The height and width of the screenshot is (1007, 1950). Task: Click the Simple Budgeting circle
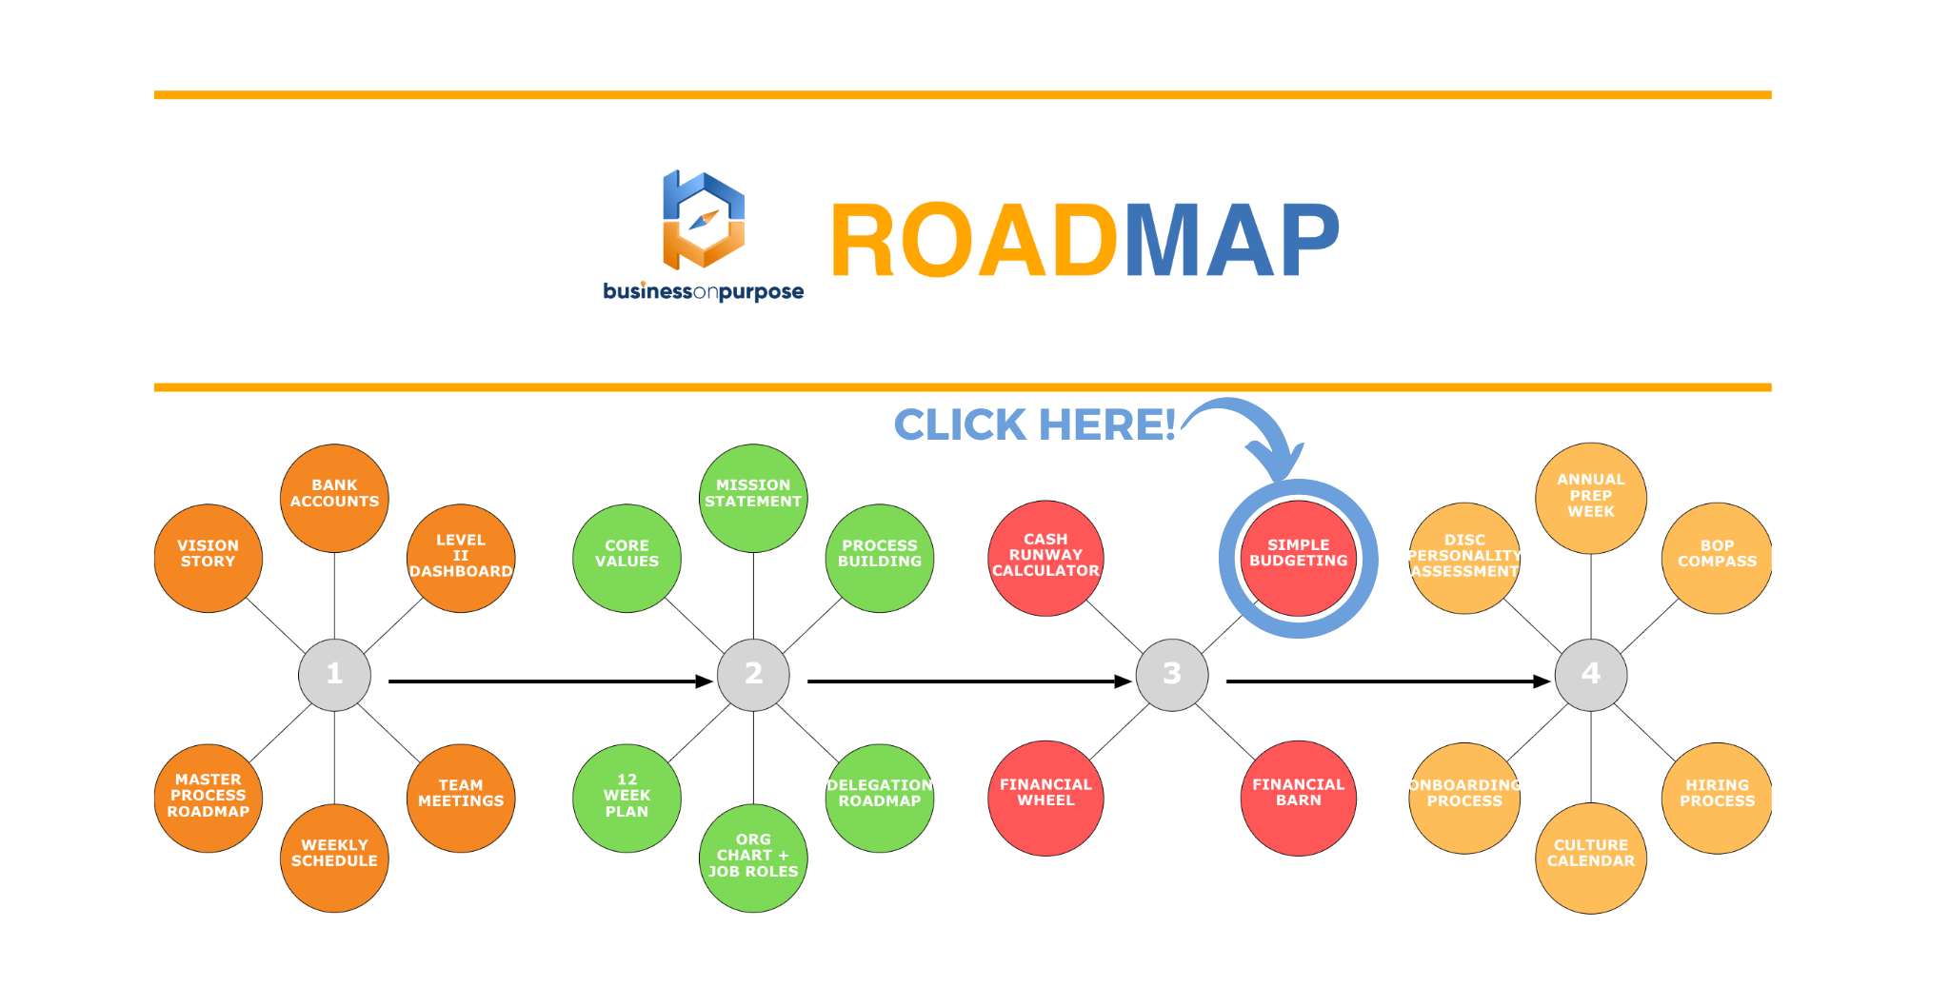coord(1298,559)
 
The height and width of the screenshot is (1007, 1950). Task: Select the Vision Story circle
coord(208,559)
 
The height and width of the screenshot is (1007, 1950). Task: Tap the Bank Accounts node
coord(334,498)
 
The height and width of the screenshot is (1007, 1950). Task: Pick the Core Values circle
coord(627,559)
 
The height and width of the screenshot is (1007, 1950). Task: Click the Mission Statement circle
coord(753,498)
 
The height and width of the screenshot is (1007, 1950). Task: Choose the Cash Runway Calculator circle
coord(1045,559)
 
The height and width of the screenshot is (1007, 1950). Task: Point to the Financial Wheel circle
coord(1045,798)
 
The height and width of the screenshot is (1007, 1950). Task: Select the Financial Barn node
coord(1298,798)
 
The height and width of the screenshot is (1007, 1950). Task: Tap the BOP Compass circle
coord(1717,559)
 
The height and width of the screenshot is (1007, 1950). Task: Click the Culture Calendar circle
coord(1590,858)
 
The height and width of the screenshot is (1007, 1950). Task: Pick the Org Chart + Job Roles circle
coord(753,858)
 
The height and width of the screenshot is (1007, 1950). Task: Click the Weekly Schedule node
coord(334,858)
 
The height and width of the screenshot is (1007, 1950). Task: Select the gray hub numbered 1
coord(334,675)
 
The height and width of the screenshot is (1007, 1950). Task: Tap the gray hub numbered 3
coord(1172,675)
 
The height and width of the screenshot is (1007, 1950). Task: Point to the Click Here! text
coord(1034,425)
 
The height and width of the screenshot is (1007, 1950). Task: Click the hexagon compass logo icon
coord(704,221)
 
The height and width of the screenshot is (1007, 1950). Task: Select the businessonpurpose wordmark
coord(703,291)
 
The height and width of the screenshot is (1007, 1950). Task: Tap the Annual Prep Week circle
coord(1590,498)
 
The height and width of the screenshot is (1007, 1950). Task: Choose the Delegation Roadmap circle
coord(879,798)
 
